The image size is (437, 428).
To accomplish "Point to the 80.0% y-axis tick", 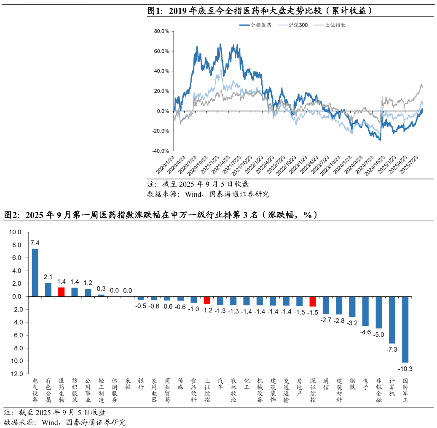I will (x=162, y=31).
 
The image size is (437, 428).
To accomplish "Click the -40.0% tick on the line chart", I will (x=161, y=151).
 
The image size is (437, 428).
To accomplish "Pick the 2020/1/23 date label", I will (x=165, y=165).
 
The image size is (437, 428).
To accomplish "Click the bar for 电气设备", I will (x=35, y=273).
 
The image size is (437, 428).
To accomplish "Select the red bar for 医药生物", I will (x=61, y=292).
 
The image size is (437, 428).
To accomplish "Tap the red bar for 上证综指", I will (x=207, y=300).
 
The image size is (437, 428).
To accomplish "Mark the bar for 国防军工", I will (x=405, y=329).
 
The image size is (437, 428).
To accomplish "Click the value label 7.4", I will (x=35, y=243).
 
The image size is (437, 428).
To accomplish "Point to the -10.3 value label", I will (x=405, y=368).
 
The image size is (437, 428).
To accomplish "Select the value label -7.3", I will (x=392, y=349).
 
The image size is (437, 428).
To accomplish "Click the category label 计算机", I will (x=392, y=387).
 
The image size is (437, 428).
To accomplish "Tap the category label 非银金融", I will (x=379, y=390).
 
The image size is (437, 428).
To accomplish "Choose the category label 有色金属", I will (x=48, y=390).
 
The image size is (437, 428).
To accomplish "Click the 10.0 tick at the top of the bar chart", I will (x=15, y=232).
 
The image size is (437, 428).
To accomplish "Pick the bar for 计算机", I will (x=392, y=320).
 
